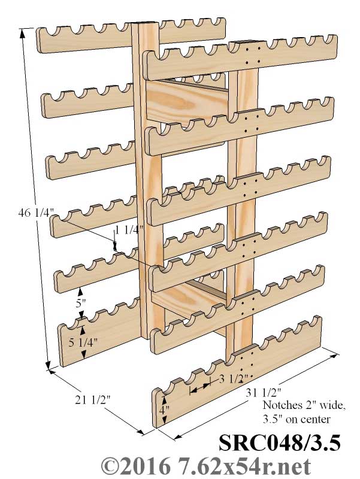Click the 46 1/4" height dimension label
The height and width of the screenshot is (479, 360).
(x=37, y=212)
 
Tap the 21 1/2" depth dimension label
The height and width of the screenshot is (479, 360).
(x=93, y=399)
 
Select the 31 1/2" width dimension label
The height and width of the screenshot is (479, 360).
(x=263, y=392)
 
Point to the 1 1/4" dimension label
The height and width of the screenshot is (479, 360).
(x=129, y=229)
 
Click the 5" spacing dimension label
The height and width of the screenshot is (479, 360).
(x=81, y=304)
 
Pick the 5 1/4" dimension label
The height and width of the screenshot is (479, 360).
(x=83, y=342)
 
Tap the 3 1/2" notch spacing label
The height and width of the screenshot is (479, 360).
(x=234, y=379)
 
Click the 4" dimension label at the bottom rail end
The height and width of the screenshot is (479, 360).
(x=164, y=410)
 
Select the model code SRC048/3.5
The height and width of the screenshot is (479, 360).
(x=279, y=442)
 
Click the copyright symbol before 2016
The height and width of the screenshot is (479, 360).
(x=111, y=466)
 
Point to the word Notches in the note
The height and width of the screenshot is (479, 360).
(x=281, y=405)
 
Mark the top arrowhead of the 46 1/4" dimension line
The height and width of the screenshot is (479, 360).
(x=22, y=34)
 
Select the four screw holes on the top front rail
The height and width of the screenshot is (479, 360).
(x=253, y=54)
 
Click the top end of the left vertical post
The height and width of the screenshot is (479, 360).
(x=145, y=24)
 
